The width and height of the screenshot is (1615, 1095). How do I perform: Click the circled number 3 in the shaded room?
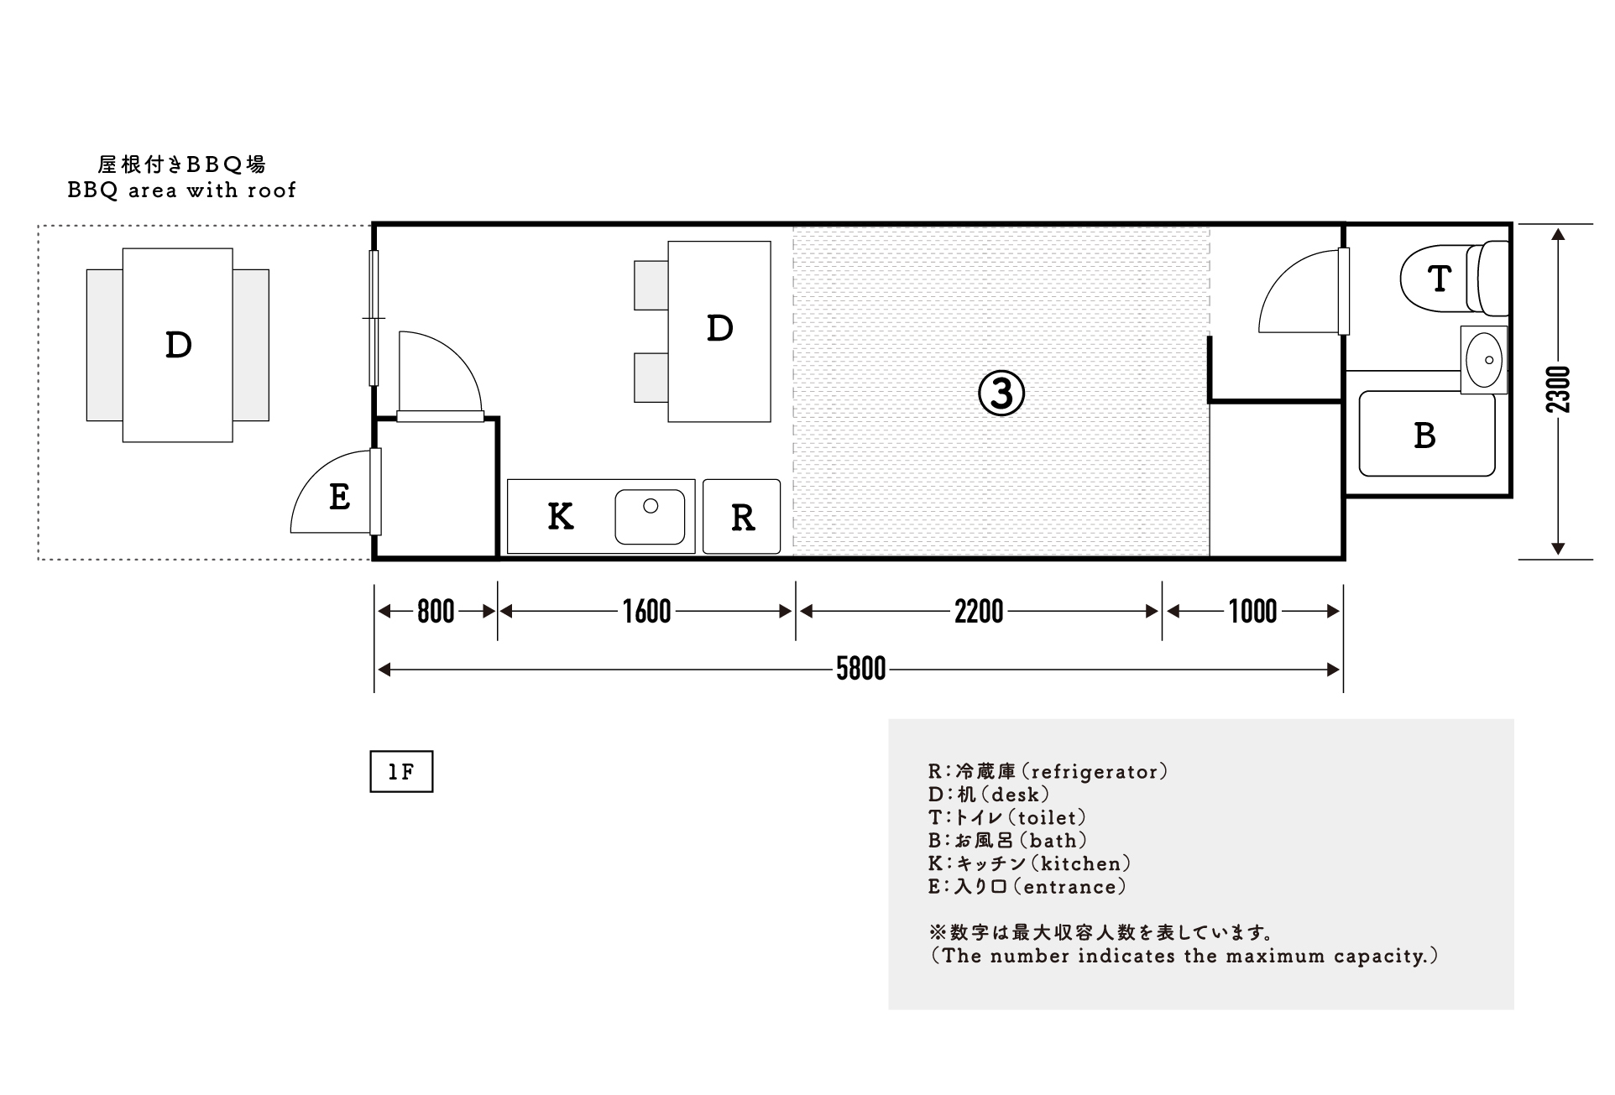tap(1001, 394)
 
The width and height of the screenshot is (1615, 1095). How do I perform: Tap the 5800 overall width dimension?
tap(860, 669)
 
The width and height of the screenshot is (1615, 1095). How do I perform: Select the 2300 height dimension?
tap(1558, 389)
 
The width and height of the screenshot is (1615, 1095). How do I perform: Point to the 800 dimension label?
tap(436, 612)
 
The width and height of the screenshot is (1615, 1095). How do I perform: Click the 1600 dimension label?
tap(646, 612)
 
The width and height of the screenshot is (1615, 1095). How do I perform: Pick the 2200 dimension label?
tap(979, 612)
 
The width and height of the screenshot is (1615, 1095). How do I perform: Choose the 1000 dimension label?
tap(1252, 612)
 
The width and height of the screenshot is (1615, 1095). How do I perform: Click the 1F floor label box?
tap(401, 772)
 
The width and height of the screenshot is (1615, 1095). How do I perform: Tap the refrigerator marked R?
tap(742, 517)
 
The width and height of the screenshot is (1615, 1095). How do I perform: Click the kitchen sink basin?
tap(650, 517)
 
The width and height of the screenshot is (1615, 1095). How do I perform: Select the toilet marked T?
tap(1455, 278)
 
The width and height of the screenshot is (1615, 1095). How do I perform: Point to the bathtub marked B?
tap(1426, 434)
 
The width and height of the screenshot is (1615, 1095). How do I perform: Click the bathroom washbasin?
tap(1484, 360)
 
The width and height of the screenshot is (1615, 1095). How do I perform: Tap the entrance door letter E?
tap(339, 497)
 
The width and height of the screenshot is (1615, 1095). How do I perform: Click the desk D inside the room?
tap(719, 331)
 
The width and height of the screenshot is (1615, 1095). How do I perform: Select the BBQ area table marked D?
tap(178, 345)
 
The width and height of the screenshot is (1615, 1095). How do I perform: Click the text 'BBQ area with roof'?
tap(181, 190)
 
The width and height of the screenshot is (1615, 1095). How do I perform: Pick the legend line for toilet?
tap(1007, 817)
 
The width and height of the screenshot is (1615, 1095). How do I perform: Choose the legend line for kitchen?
tap(1029, 863)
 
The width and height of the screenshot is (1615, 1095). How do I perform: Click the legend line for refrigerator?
tap(1048, 771)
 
